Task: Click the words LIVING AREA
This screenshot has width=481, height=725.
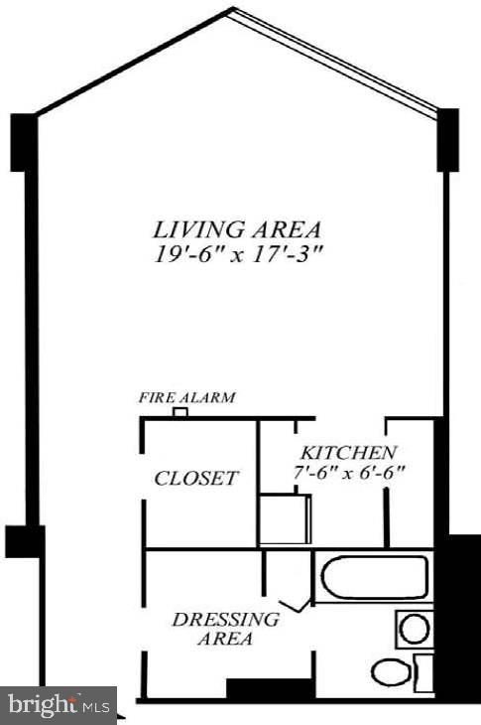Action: [237, 227]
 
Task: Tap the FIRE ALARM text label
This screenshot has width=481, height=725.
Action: [186, 398]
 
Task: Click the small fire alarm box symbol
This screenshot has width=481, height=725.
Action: [180, 412]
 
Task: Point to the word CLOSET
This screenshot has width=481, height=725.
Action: [196, 479]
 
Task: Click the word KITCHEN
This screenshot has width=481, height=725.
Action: [349, 451]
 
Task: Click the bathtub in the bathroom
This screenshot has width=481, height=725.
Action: [373, 577]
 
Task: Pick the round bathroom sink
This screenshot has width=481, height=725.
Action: [415, 629]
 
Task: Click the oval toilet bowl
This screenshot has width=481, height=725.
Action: [392, 672]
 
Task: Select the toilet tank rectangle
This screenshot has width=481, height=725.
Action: [424, 672]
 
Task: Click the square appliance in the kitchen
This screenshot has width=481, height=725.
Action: [286, 519]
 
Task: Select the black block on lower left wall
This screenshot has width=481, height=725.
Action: [24, 541]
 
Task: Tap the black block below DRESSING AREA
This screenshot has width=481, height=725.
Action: [255, 688]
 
